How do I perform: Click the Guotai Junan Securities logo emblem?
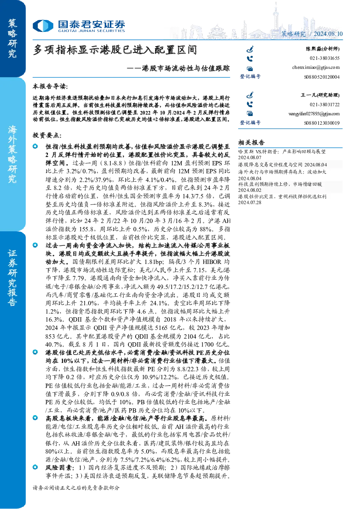click(43, 25)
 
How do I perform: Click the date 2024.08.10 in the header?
click(328, 34)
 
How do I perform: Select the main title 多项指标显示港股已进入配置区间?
click(115, 50)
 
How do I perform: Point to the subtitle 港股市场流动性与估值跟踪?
click(186, 68)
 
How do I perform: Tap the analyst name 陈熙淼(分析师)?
click(323, 49)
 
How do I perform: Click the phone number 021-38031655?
click(324, 58)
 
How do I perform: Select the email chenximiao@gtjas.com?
click(316, 67)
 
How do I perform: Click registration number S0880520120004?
click(322, 77)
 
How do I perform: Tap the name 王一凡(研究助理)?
click(320, 95)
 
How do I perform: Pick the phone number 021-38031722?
click(324, 104)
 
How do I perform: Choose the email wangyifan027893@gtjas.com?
click(314, 113)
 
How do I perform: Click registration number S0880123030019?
click(322, 123)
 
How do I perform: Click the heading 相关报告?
click(251, 142)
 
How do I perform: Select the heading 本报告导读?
click(50, 86)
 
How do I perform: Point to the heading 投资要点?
click(47, 136)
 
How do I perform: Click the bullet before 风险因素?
click(35, 467)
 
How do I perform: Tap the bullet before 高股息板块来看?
click(35, 418)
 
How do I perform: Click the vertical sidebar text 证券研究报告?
click(12, 278)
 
